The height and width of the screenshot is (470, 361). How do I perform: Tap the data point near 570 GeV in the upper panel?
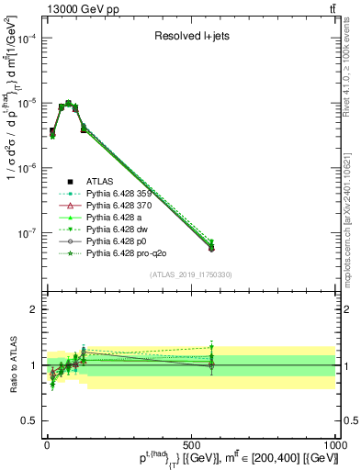(x=211, y=248)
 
